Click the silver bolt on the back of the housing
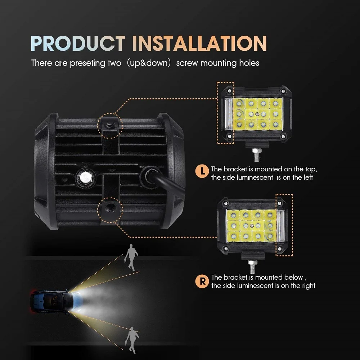coord(85,177)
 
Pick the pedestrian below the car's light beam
coord(132,338)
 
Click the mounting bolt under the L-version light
coord(257,154)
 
